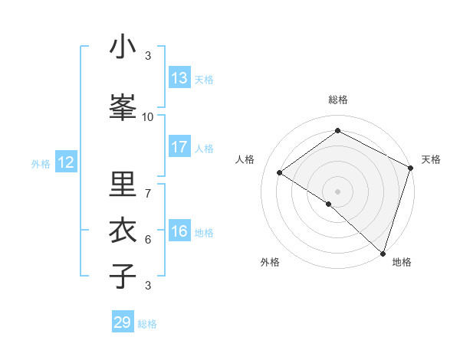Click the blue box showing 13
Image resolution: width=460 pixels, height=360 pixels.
(179, 78)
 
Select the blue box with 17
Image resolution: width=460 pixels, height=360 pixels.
(179, 147)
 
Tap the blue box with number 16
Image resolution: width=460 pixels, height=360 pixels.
(179, 231)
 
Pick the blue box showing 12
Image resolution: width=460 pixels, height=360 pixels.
(65, 162)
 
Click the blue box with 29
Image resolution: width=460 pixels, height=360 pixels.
(123, 322)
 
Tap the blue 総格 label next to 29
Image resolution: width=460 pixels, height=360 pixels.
(147, 324)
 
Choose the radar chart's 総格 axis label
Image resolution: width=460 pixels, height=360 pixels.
(337, 100)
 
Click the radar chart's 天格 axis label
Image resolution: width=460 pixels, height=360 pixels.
(431, 159)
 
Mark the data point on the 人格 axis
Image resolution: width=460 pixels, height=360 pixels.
(280, 172)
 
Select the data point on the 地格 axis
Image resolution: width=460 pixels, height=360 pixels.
(383, 253)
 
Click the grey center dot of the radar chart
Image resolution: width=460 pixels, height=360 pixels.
(337, 191)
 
